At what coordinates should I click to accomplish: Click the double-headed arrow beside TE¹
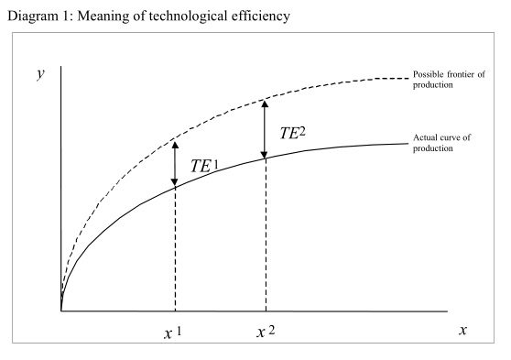pos(174,161)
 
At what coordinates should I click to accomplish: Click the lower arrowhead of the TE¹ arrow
pos(174,182)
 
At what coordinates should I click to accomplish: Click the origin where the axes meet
pos(61,311)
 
